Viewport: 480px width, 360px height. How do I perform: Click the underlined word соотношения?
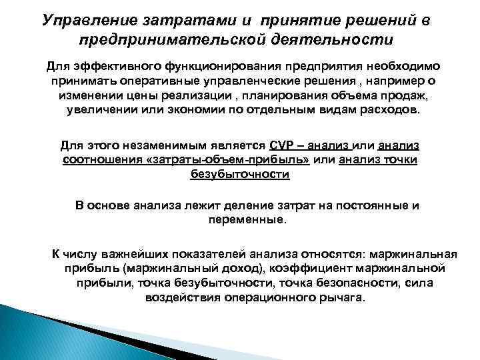[96, 160]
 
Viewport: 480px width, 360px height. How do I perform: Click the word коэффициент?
[305, 269]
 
